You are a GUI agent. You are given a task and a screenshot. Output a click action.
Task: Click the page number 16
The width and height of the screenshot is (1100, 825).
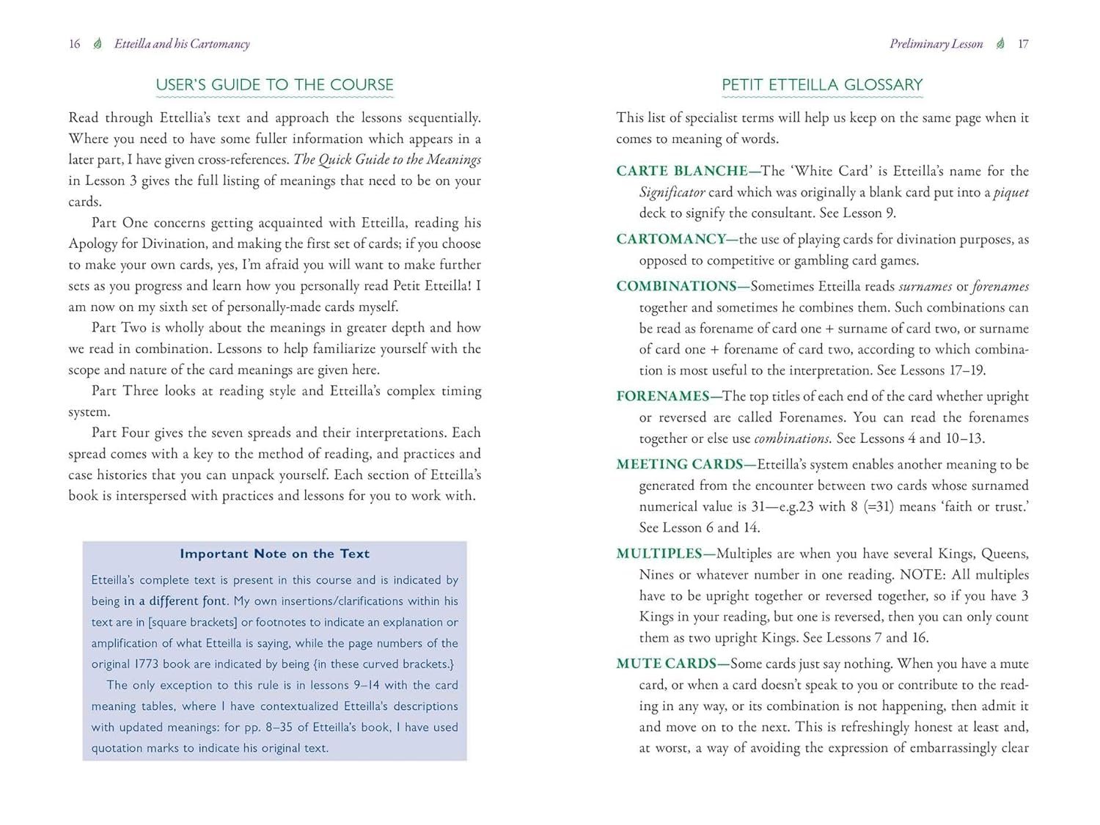[74, 44]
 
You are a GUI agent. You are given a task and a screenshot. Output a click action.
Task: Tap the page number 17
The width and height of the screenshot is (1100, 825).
[1023, 44]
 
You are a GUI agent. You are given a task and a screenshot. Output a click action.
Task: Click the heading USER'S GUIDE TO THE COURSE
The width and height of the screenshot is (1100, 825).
[274, 85]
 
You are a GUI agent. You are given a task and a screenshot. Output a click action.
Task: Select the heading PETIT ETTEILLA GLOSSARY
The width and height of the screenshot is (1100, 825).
[821, 85]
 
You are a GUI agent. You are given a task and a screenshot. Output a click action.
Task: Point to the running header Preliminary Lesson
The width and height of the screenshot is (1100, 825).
[936, 44]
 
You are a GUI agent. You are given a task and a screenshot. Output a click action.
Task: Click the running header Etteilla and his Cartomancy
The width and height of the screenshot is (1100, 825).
[182, 44]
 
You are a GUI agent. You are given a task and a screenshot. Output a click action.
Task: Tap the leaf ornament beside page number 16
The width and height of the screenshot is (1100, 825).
[98, 44]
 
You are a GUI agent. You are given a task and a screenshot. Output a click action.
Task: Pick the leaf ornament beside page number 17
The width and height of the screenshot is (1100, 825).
[1000, 44]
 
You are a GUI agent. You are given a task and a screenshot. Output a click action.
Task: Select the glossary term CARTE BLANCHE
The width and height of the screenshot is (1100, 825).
[681, 171]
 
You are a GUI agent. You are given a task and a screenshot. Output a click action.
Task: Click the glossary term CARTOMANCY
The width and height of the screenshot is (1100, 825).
[670, 239]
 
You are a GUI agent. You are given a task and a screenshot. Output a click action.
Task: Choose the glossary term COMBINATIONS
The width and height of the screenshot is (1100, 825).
[675, 286]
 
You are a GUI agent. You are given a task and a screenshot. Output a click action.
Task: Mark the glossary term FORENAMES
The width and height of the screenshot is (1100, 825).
[662, 396]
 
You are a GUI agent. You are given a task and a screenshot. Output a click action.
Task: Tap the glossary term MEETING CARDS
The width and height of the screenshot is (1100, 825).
[679, 464]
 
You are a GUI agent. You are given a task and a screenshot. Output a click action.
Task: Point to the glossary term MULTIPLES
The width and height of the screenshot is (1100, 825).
[659, 554]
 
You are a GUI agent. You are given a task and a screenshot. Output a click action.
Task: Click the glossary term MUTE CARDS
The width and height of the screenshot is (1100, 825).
[665, 664]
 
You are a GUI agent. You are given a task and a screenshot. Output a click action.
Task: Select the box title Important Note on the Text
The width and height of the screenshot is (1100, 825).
[274, 554]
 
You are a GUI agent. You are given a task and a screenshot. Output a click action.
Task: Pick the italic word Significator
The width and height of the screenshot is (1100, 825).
[672, 192]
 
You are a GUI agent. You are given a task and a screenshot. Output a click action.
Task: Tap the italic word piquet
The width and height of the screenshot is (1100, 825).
[1011, 192]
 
